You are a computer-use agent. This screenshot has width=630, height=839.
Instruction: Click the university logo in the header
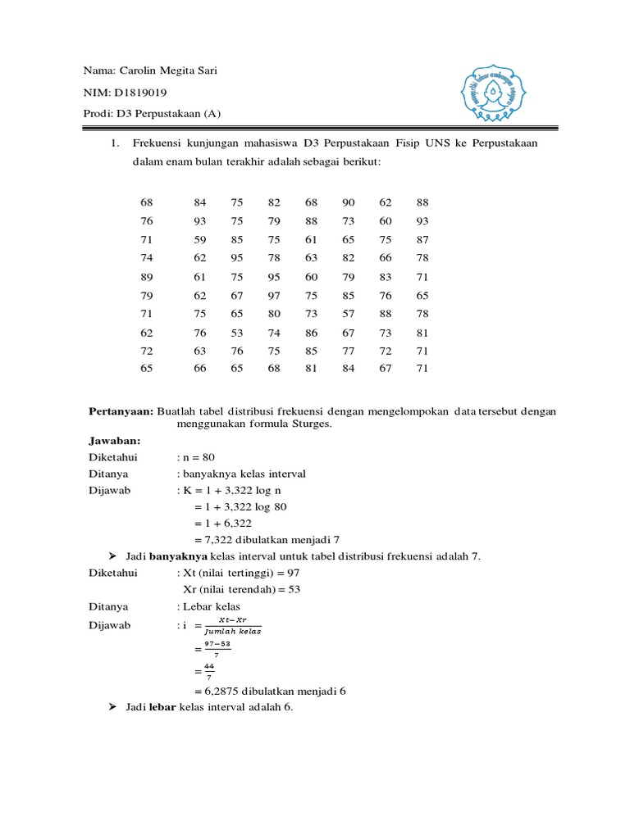pos(491,91)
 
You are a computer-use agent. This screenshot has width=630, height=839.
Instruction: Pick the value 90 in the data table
pos(348,202)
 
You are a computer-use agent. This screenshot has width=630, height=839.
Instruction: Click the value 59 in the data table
pos(200,239)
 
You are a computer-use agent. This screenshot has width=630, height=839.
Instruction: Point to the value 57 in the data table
pos(348,313)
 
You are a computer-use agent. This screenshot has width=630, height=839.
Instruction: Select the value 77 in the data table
pos(348,350)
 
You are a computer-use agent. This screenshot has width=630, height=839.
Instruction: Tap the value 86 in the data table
pos(311,332)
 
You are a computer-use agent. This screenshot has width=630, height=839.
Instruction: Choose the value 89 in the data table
pos(147,276)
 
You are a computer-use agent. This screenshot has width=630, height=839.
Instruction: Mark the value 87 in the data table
pos(422,239)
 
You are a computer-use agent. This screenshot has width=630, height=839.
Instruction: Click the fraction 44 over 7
pos(209,672)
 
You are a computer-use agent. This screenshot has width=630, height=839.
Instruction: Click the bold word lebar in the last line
pos(162,707)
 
